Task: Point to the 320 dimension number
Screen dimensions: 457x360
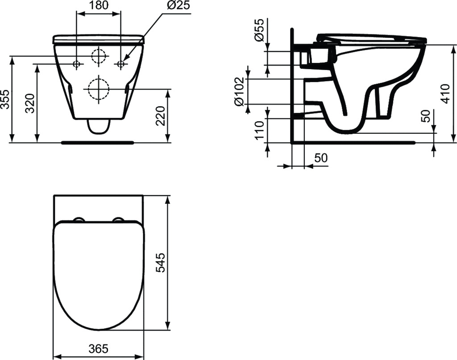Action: [x=31, y=103]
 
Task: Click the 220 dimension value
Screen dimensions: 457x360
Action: [x=161, y=116]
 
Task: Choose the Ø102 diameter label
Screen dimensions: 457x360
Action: [x=240, y=92]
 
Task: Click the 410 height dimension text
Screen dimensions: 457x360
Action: [x=446, y=94]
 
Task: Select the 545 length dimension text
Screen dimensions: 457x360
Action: [x=161, y=263]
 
